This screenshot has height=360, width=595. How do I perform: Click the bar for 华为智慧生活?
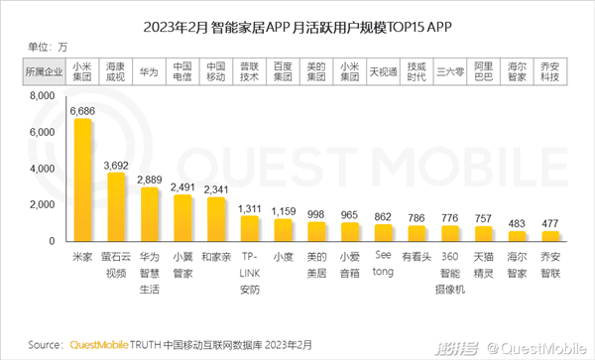pyautogui.click(x=150, y=214)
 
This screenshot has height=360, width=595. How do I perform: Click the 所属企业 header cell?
pyautogui.click(x=43, y=71)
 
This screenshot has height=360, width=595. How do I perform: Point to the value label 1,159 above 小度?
pyautogui.click(x=284, y=211)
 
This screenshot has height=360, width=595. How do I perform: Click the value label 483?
pyautogui.click(x=515, y=223)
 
